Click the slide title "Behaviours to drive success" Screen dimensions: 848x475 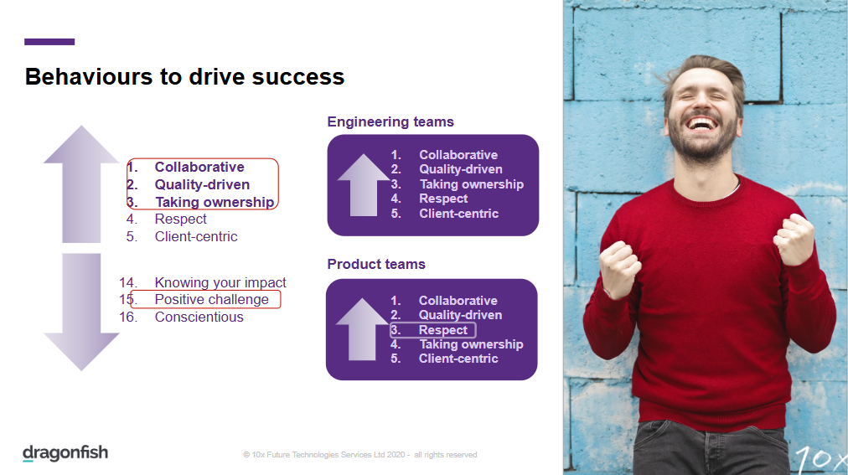pyautogui.click(x=184, y=77)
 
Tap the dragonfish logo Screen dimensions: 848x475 pyautogui.click(x=65, y=453)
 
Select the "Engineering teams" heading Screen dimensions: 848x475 pyautogui.click(x=390, y=122)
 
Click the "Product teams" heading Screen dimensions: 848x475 pyautogui.click(x=376, y=264)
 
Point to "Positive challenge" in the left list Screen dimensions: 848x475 pyautogui.click(x=211, y=299)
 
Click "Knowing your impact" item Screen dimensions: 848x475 pyautogui.click(x=220, y=282)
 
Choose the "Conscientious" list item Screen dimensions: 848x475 pyautogui.click(x=199, y=318)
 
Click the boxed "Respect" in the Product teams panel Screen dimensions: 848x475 pyautogui.click(x=443, y=330)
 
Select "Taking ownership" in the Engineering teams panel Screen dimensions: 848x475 pyautogui.click(x=472, y=184)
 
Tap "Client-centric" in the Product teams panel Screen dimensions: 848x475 pyautogui.click(x=458, y=359)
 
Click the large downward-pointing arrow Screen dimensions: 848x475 pyautogui.click(x=81, y=312)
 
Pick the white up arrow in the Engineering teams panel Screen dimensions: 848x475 pyautogui.click(x=364, y=185)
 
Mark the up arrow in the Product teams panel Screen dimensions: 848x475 pyautogui.click(x=362, y=329)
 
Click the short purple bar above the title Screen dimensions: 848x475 pyautogui.click(x=49, y=42)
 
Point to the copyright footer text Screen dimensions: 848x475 pyautogui.click(x=360, y=455)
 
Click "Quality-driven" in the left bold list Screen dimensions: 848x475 pyautogui.click(x=202, y=185)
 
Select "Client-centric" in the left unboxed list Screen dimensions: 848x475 pyautogui.click(x=196, y=237)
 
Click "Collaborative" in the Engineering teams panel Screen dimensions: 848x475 pyautogui.click(x=458, y=155)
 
